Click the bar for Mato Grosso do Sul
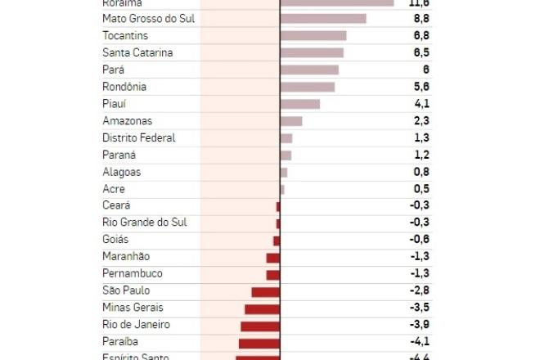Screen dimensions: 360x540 [323, 19]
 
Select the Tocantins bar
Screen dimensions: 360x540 [313, 36]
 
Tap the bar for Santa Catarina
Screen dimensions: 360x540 [312, 53]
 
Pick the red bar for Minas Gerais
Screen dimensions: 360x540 [262, 308]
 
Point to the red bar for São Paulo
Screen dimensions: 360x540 [266, 291]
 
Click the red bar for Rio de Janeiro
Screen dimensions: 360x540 [260, 326]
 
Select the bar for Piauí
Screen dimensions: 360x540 [300, 104]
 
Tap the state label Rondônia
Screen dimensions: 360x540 [124, 87]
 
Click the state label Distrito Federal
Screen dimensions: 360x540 [139, 137]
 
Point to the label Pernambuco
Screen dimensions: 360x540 [133, 273]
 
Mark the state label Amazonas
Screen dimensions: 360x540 [128, 121]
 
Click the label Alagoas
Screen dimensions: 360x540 [122, 172]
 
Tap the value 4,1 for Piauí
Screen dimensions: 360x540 [422, 104]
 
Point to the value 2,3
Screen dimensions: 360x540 [422, 121]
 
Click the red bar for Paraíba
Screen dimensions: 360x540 [259, 343]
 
